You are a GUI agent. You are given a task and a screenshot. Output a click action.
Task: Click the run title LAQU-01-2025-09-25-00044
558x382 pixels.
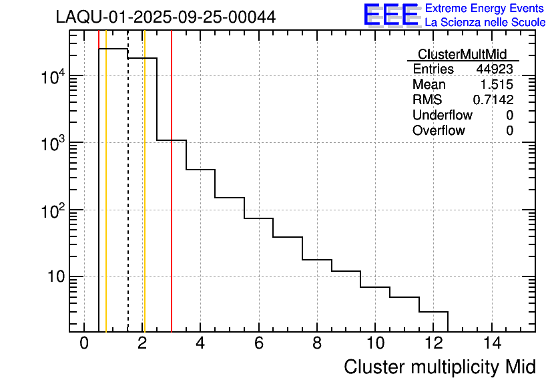(x=166, y=17)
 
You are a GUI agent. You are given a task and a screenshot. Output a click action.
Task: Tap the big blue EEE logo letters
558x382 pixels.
(x=390, y=15)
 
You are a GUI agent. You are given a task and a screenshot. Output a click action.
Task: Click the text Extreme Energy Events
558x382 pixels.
(x=485, y=9)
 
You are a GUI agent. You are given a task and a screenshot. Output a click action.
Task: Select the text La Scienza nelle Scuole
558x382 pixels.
(x=485, y=22)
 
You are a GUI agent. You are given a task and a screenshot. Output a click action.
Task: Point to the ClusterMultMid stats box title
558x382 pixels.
(x=462, y=54)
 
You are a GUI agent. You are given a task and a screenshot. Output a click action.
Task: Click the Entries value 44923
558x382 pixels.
(x=495, y=69)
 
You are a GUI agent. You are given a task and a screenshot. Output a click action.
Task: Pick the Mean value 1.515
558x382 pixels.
(x=497, y=85)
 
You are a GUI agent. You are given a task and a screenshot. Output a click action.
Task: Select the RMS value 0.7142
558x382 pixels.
(x=493, y=100)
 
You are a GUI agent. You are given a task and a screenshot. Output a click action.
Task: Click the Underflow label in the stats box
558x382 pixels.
(x=442, y=116)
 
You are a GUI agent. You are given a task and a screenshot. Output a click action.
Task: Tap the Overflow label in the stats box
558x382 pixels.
(x=439, y=131)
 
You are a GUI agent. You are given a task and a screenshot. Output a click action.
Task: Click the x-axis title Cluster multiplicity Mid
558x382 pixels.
(x=440, y=367)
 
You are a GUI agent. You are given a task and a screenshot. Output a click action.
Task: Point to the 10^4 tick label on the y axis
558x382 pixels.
(x=53, y=78)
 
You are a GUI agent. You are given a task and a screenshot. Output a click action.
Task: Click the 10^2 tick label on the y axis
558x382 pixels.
(x=53, y=212)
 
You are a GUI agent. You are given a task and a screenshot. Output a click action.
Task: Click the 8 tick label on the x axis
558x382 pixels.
(x=316, y=343)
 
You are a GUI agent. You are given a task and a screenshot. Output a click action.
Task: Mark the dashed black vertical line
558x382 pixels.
(x=127, y=200)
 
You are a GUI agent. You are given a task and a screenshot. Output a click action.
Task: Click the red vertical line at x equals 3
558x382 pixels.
(x=172, y=200)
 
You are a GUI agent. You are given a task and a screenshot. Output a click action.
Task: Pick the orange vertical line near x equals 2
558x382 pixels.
(x=144, y=200)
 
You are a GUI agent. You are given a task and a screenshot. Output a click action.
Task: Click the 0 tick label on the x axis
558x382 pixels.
(x=84, y=343)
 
